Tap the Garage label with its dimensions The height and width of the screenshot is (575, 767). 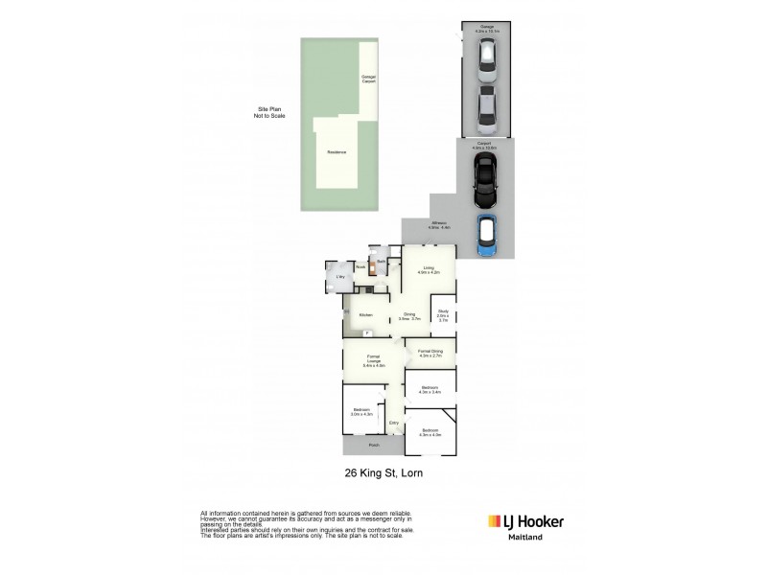pos(487,29)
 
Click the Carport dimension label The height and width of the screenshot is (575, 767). pos(484,147)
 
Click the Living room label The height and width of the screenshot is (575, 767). pos(428,270)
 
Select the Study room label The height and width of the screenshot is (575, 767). pos(443,315)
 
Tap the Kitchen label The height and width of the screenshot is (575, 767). pos(364,315)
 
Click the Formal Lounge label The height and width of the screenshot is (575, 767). pos(374,362)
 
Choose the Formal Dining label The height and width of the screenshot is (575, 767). pos(430,353)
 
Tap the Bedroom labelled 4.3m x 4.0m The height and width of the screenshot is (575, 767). pos(430,433)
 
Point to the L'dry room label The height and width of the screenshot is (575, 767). pos(339,277)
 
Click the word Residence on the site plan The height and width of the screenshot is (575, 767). pos(336,152)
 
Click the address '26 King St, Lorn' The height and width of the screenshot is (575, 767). pos(383,473)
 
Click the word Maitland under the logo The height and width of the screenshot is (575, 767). pos(521,539)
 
